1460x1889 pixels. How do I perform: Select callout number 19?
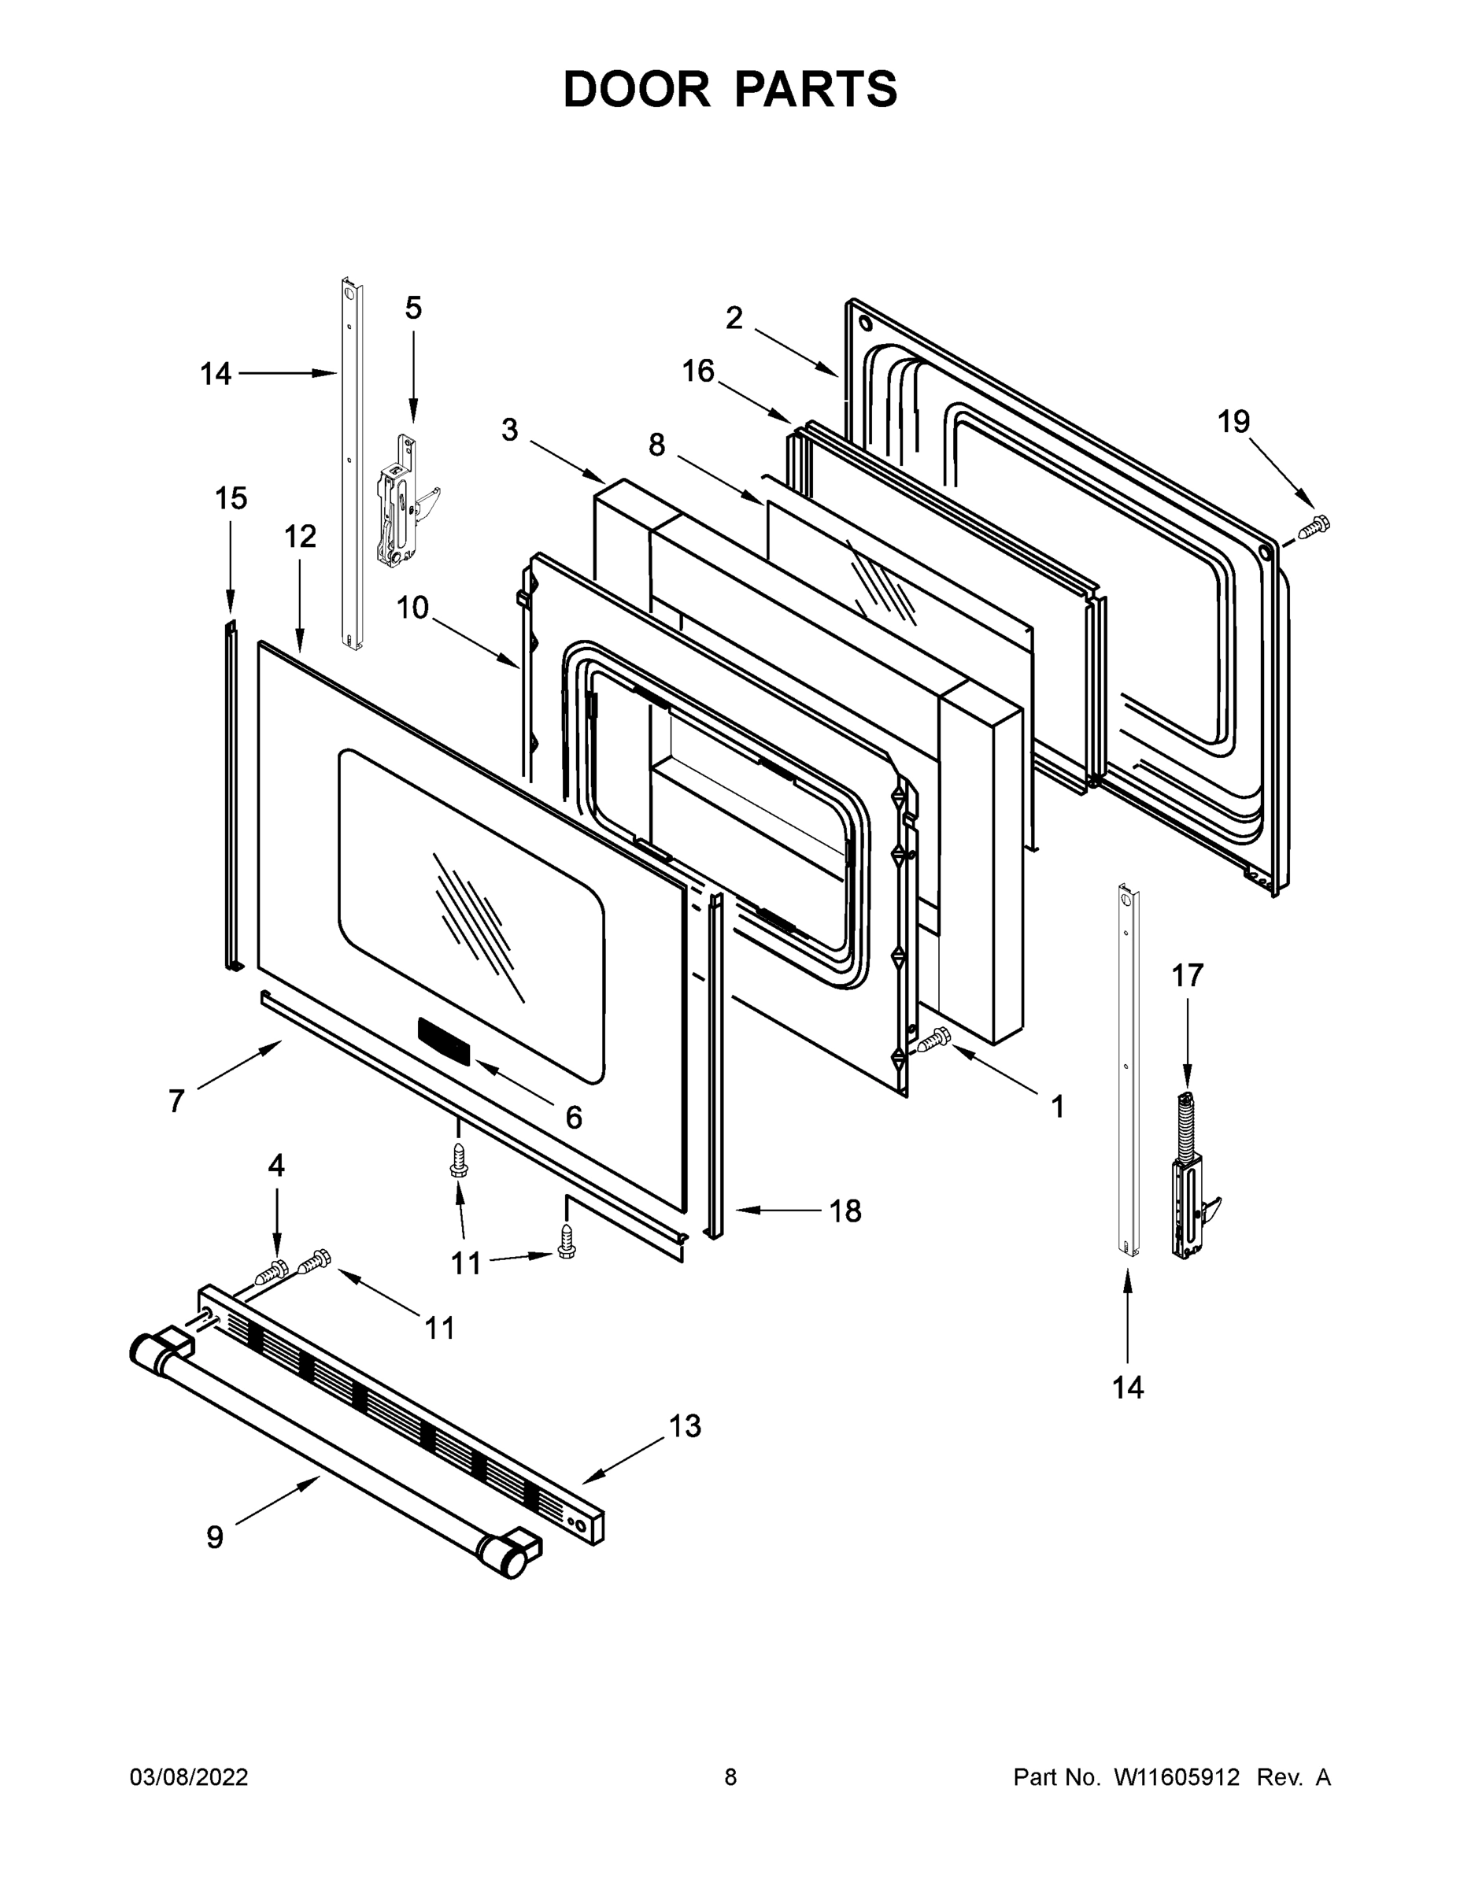[x=1233, y=422]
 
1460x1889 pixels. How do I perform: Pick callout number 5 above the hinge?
[x=413, y=308]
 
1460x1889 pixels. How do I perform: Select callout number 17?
[x=1188, y=976]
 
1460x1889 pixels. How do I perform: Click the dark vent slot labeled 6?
[x=444, y=1041]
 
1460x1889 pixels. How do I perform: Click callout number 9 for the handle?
[x=215, y=1536]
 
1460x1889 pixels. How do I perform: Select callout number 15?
[x=231, y=498]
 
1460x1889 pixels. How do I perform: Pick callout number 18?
[x=845, y=1211]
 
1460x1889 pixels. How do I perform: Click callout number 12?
[x=300, y=537]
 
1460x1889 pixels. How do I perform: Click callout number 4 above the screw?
[x=276, y=1166]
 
